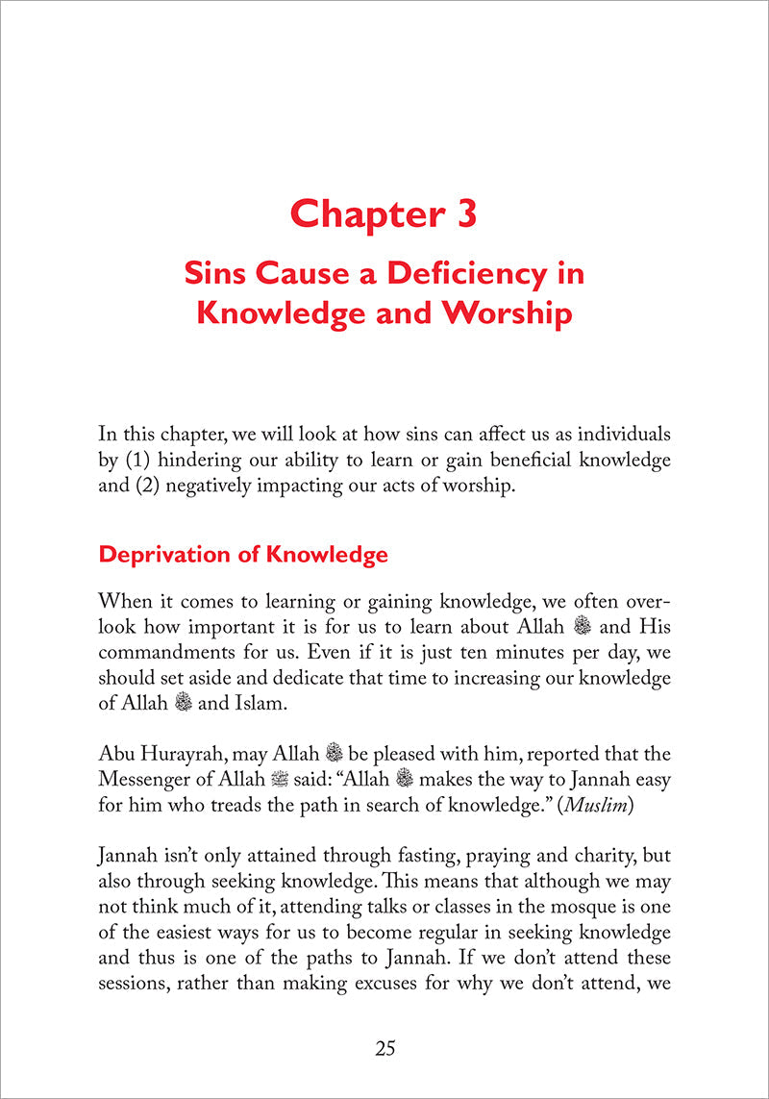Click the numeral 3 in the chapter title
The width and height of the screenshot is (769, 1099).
point(459,213)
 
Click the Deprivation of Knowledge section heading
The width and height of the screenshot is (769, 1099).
point(243,555)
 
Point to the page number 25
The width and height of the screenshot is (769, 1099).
point(384,1048)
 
